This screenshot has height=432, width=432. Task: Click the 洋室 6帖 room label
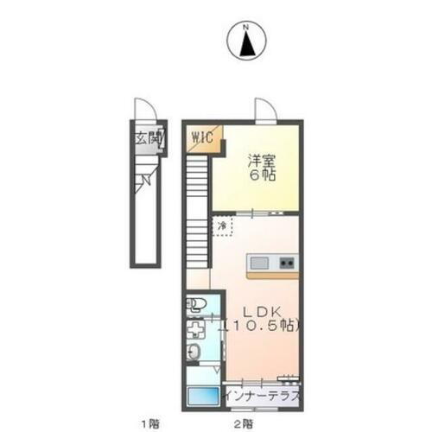point(257,167)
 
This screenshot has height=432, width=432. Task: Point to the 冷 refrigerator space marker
point(222,226)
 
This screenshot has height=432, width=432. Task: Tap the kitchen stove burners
point(285,262)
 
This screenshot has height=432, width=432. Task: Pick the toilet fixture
point(196,303)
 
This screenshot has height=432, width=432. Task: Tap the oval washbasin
point(195,352)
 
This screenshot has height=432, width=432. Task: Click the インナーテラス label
point(262,396)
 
